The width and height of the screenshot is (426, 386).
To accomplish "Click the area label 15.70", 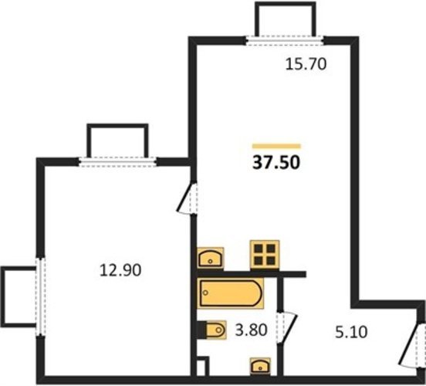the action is (x=306, y=65).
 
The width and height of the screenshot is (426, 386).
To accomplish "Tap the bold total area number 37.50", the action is (x=276, y=163).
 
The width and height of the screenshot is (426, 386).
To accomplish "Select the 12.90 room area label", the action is (x=120, y=270).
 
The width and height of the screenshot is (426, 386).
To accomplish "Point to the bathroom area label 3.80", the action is (x=252, y=330).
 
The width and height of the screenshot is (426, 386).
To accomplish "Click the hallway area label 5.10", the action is (x=351, y=332).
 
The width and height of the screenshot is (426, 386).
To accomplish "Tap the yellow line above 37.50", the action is (x=276, y=146).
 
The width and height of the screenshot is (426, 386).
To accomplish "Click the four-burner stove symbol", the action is (x=265, y=255).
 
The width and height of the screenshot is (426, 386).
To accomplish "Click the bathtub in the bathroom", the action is (x=231, y=293).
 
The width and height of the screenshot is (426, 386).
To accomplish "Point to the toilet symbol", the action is (x=212, y=330).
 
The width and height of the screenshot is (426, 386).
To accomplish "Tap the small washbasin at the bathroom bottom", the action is (x=260, y=367).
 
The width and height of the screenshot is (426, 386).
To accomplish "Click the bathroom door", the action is (x=287, y=327).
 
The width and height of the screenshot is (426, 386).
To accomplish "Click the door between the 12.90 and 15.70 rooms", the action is (x=187, y=198).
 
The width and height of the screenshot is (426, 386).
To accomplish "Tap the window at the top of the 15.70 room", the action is (x=286, y=40).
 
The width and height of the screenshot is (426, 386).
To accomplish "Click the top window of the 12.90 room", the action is (x=117, y=162).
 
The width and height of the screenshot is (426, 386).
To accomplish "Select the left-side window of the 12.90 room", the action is (x=40, y=296).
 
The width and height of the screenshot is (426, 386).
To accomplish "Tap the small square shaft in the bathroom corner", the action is (x=202, y=366).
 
